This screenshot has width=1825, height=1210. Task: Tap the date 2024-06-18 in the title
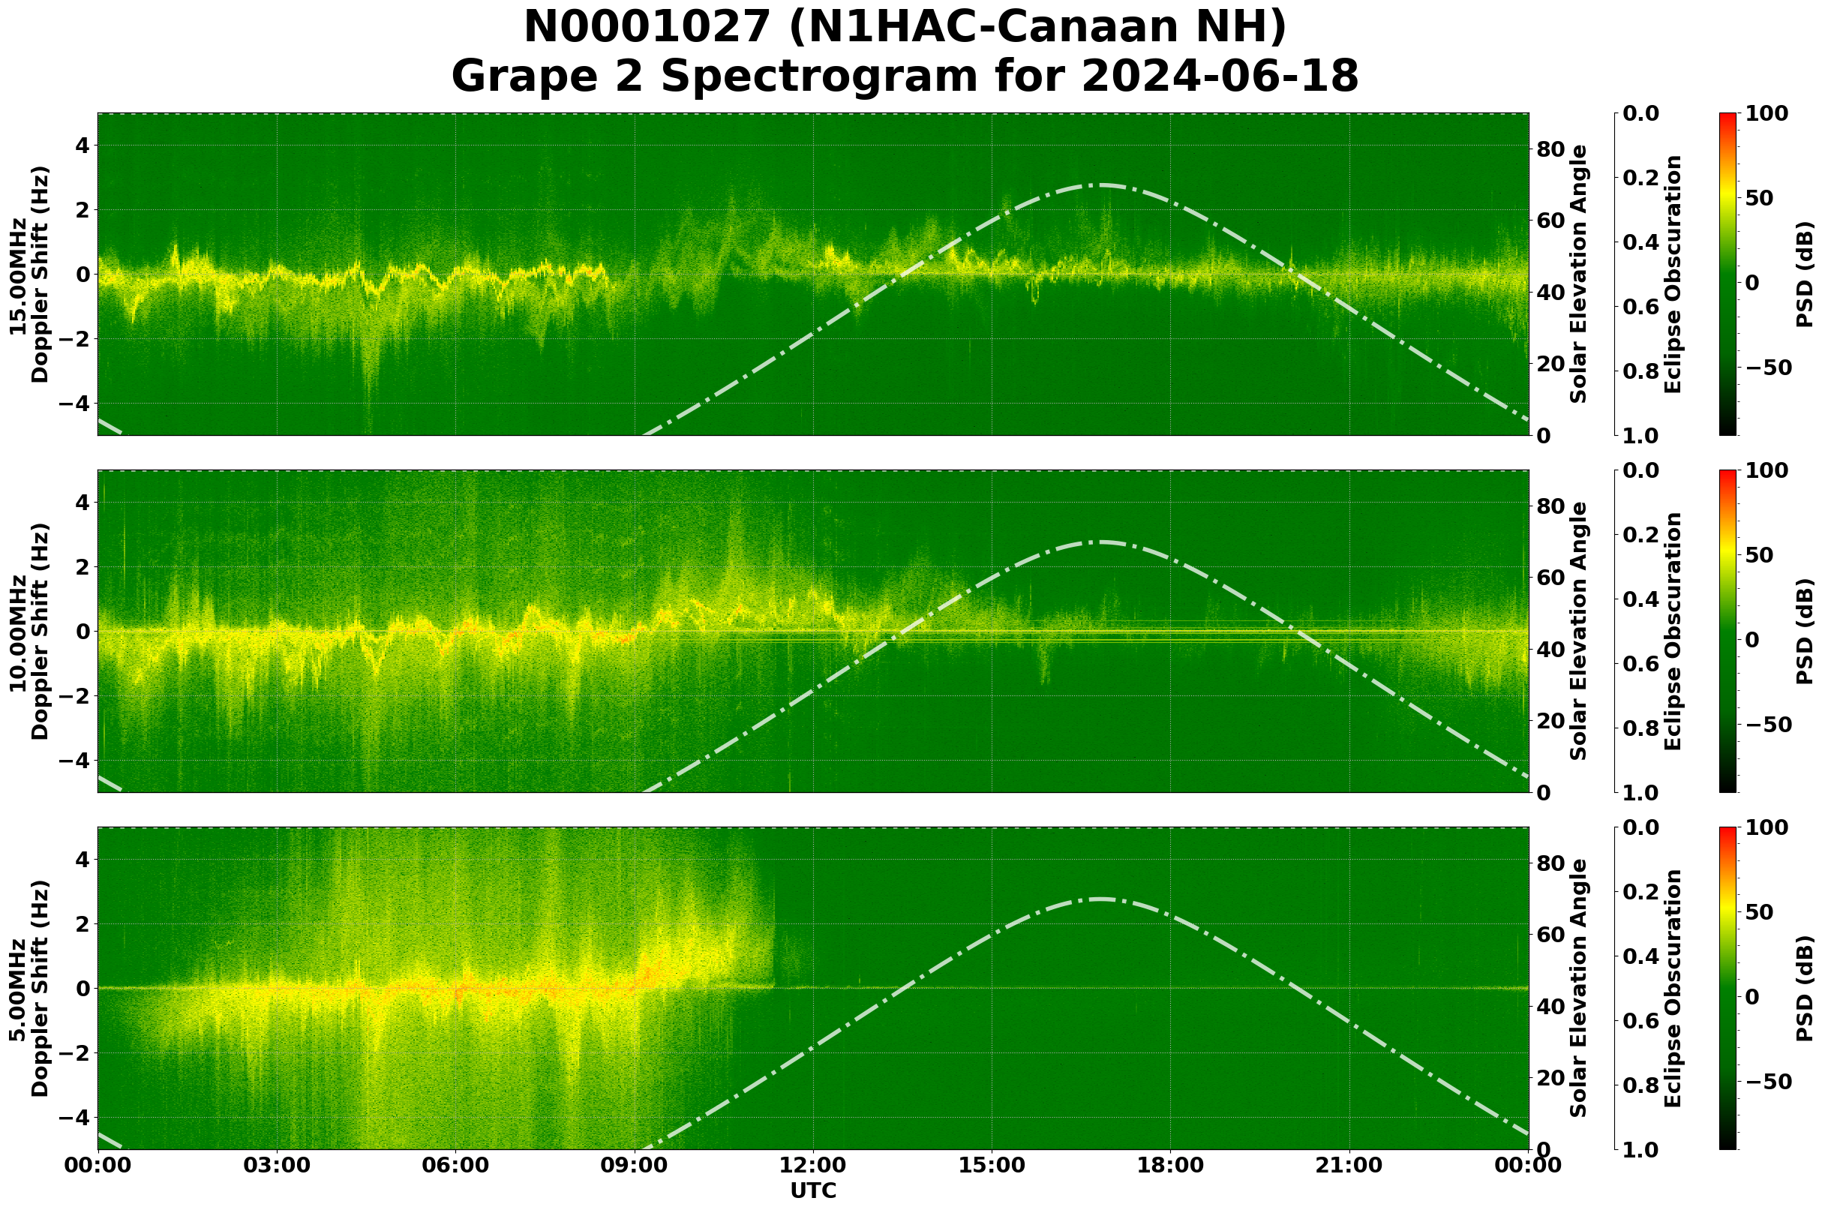point(1219,77)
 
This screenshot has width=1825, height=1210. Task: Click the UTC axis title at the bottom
point(813,1190)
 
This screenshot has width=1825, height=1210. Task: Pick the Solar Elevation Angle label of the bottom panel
point(1579,989)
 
